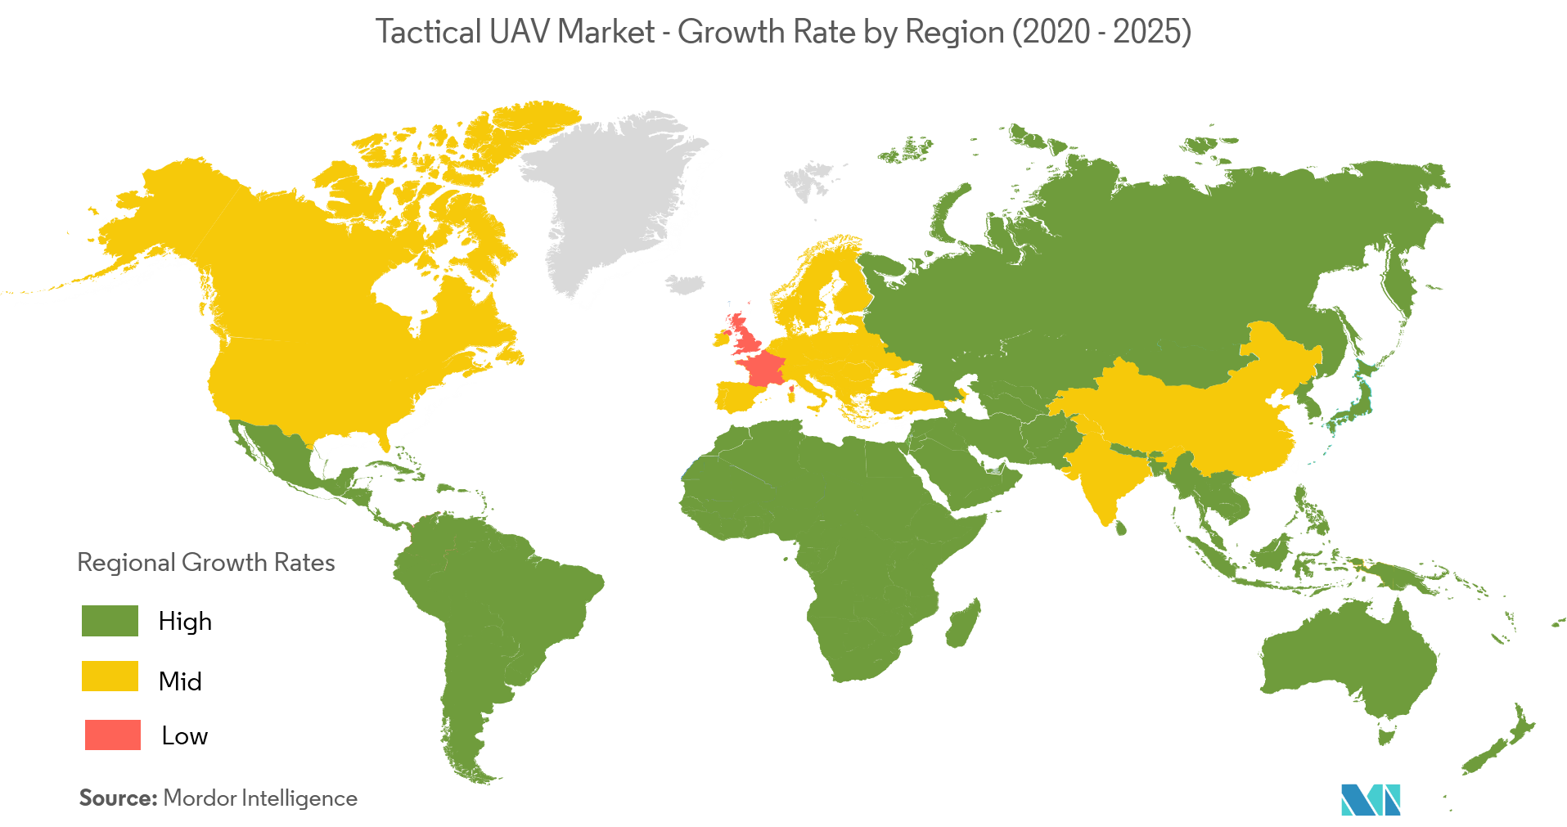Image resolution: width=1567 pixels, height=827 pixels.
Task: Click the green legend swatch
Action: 110,621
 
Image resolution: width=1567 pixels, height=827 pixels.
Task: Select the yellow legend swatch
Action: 110,676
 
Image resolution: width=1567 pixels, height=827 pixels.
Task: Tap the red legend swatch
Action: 113,735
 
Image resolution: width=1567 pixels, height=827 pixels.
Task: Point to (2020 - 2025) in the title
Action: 1101,32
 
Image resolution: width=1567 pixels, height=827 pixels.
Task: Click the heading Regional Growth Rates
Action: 206,563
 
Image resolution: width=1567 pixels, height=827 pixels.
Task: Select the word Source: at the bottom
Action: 118,798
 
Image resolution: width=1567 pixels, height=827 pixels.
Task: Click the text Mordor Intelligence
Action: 260,798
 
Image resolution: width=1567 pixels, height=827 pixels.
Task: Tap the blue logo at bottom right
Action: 1370,800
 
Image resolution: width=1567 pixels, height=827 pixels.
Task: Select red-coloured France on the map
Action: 763,369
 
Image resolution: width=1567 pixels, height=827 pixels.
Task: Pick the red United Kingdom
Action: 745,331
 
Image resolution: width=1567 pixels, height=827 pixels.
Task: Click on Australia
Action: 1350,663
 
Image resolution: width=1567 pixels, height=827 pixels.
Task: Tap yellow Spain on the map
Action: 736,397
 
